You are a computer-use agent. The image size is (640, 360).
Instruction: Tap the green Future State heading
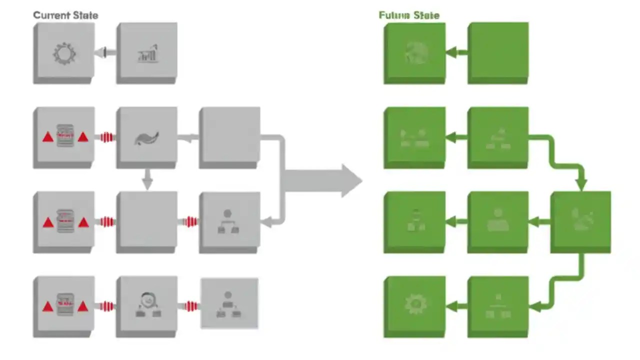coord(409,15)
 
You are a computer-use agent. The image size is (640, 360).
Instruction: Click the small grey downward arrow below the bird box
coord(147,179)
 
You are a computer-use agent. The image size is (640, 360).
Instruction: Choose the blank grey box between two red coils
coord(147,221)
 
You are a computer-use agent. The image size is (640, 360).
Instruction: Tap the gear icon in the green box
coord(414,304)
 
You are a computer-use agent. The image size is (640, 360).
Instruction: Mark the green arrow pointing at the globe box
coord(456,52)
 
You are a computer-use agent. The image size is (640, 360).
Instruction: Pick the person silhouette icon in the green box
coord(497,220)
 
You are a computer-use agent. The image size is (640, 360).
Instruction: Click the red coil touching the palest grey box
coord(189,306)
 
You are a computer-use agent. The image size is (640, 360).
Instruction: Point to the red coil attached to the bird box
coord(105,137)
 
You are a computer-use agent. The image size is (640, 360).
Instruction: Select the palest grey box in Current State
coord(229,303)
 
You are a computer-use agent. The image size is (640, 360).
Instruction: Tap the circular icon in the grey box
coord(147,300)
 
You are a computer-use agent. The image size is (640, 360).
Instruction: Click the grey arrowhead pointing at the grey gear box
coord(101,52)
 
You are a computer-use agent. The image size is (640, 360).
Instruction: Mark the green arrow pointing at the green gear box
coord(456,305)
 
